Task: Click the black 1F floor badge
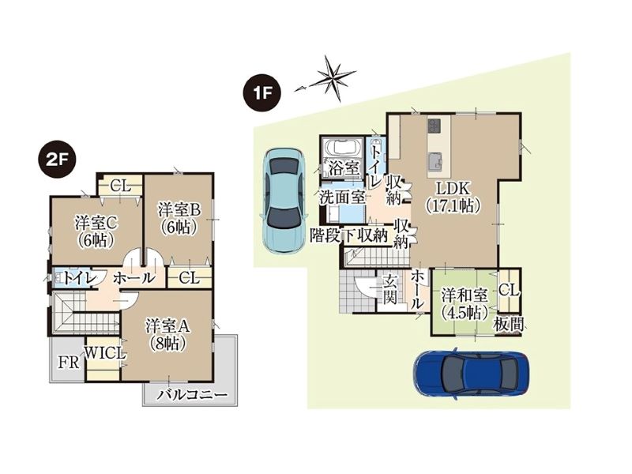(261, 94)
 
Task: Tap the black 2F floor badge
(57, 160)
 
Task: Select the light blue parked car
(284, 200)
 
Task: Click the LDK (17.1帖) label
(453, 197)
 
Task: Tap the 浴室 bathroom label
(344, 168)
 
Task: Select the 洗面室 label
(343, 197)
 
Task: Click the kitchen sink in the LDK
(434, 161)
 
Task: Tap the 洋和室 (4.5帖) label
(464, 303)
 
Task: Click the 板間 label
(509, 325)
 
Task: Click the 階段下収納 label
(349, 235)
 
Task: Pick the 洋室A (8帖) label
(167, 335)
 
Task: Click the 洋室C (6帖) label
(96, 231)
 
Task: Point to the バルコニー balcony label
(192, 394)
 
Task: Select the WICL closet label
(105, 353)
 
